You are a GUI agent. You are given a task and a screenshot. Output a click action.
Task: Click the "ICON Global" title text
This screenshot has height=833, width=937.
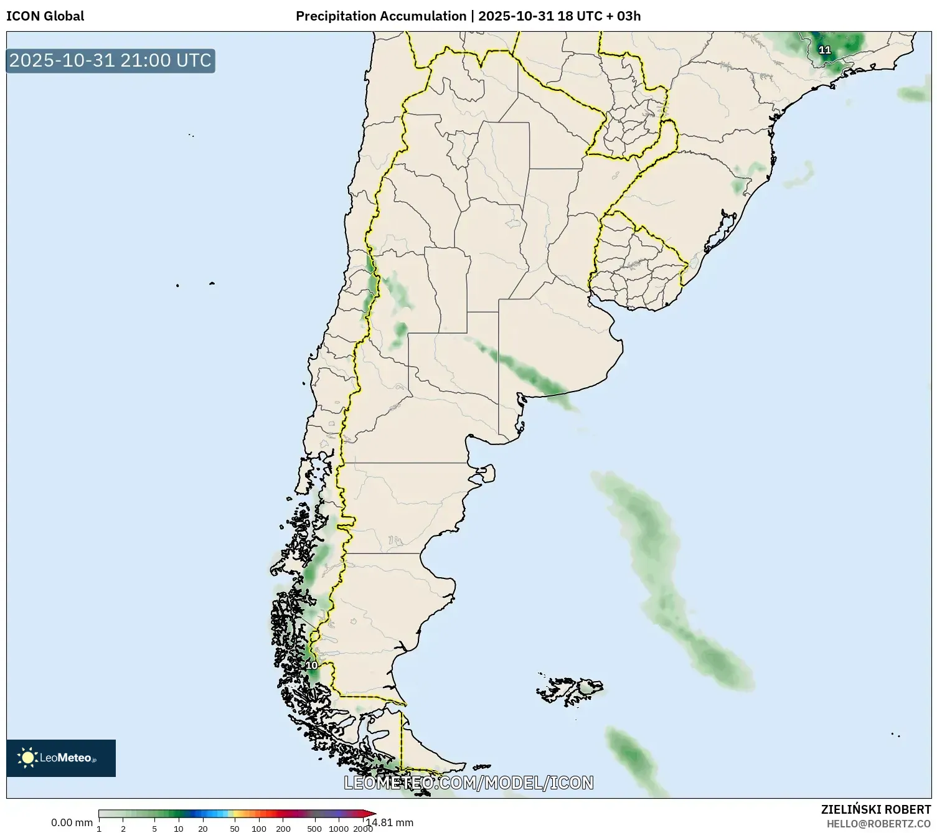(x=45, y=16)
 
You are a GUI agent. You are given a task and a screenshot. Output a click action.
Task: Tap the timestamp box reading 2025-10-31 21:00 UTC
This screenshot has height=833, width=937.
(x=111, y=60)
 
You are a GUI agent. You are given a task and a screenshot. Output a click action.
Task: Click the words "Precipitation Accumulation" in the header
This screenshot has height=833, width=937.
(x=380, y=16)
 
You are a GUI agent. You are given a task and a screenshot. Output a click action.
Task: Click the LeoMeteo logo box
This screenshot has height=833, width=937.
(x=61, y=758)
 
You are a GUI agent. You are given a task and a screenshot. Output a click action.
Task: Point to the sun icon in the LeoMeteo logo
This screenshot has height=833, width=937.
(x=27, y=758)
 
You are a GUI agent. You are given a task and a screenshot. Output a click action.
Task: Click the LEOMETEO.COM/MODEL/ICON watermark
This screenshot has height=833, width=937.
(x=468, y=783)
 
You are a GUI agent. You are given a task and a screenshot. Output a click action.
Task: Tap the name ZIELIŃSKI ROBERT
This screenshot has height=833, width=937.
(x=876, y=809)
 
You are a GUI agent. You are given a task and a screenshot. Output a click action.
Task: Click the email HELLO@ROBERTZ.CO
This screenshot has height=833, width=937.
(x=878, y=824)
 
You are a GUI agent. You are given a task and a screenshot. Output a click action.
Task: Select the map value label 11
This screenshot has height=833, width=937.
(x=824, y=50)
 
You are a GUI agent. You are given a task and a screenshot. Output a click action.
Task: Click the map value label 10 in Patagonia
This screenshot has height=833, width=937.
(x=311, y=666)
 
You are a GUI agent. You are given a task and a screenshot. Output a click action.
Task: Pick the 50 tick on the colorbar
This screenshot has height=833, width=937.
(x=235, y=828)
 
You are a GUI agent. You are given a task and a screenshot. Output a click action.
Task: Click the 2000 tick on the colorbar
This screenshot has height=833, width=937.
(x=363, y=828)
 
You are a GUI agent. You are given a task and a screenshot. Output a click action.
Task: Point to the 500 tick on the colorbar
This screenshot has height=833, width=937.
(x=314, y=828)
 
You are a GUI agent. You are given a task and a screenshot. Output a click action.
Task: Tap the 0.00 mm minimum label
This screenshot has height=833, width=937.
(x=72, y=822)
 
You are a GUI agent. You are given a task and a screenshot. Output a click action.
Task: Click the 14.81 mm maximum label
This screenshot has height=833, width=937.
(x=390, y=822)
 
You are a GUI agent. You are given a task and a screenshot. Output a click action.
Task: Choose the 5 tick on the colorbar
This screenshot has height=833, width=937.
(x=154, y=828)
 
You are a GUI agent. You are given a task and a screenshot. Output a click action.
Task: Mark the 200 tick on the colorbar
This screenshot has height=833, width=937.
(x=283, y=828)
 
